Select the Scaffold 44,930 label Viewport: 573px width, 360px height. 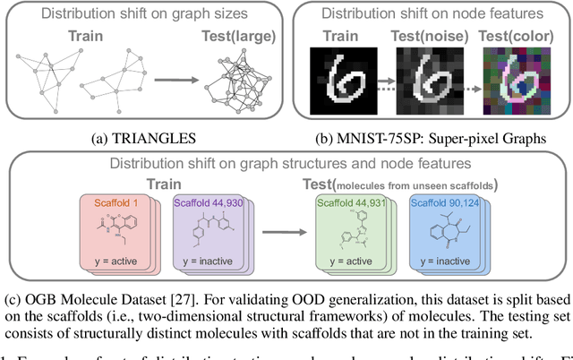tap(205, 203)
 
